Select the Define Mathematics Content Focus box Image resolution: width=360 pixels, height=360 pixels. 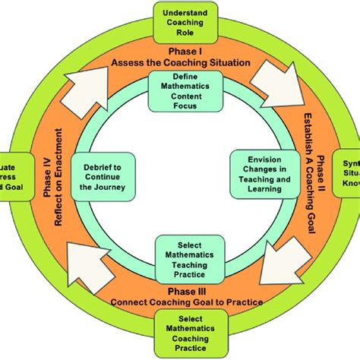tap(179, 90)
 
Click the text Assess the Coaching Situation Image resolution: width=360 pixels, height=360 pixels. tap(180, 64)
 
